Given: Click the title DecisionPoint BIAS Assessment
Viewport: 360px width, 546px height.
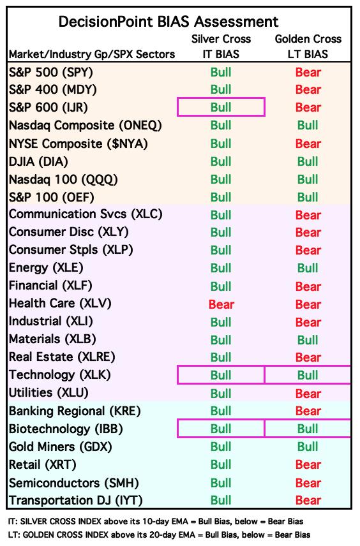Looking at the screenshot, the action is tap(169, 22).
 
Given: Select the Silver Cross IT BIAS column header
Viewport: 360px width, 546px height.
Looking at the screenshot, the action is tap(221, 47).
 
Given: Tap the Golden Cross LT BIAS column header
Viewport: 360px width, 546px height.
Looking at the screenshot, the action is tap(308, 47).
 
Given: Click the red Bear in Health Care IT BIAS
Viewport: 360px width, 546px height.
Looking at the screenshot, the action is tap(221, 304).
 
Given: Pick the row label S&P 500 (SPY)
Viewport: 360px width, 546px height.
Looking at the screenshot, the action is tap(51, 73).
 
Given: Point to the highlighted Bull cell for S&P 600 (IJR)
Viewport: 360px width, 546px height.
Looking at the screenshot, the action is tap(221, 107).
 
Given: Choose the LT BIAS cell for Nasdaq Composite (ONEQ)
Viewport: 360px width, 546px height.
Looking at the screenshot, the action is tap(308, 126).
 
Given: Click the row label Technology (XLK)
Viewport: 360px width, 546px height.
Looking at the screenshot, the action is tap(60, 375).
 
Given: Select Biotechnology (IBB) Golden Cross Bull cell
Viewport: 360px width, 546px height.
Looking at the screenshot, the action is tap(308, 429).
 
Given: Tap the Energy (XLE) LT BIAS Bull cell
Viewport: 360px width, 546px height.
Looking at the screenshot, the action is tap(308, 268).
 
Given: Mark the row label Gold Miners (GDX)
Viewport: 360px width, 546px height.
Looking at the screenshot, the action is tap(61, 446).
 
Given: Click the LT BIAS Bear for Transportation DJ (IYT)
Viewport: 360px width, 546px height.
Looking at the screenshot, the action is tap(308, 500).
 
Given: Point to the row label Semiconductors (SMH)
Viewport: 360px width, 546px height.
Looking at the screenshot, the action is tap(74, 483).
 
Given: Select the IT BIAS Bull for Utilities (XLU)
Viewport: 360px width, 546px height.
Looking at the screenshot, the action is tap(221, 394).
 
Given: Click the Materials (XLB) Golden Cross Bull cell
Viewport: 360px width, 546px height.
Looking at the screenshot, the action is tap(308, 340).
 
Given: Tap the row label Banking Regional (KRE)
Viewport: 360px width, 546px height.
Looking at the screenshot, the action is tap(75, 411).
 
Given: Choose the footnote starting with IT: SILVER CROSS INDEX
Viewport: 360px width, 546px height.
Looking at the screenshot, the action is tap(156, 522).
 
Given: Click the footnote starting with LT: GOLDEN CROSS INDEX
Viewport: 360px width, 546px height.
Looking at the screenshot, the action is tap(159, 535).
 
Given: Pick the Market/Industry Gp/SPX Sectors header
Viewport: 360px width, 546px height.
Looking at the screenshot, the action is tap(92, 54).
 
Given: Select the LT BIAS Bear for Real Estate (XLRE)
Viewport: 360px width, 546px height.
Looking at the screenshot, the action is tap(308, 358).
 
